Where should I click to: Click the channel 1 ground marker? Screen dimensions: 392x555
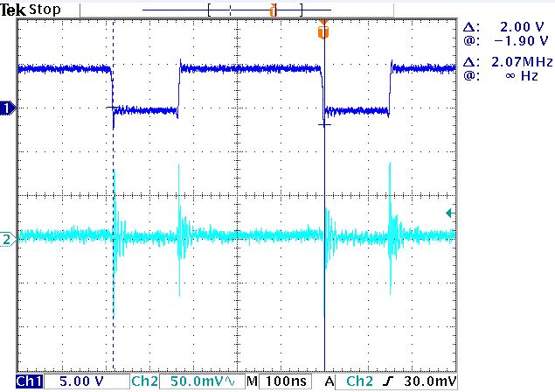(x=8, y=108)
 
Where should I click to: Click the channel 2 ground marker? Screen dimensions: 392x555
(x=8, y=237)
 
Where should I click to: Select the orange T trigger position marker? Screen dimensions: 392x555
(x=324, y=31)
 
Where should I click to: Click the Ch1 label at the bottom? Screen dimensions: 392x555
(x=28, y=382)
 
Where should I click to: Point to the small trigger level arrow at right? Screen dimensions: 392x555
(x=449, y=213)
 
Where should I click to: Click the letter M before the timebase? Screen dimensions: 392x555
(x=252, y=382)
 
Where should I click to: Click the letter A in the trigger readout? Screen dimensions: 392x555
(x=330, y=382)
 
